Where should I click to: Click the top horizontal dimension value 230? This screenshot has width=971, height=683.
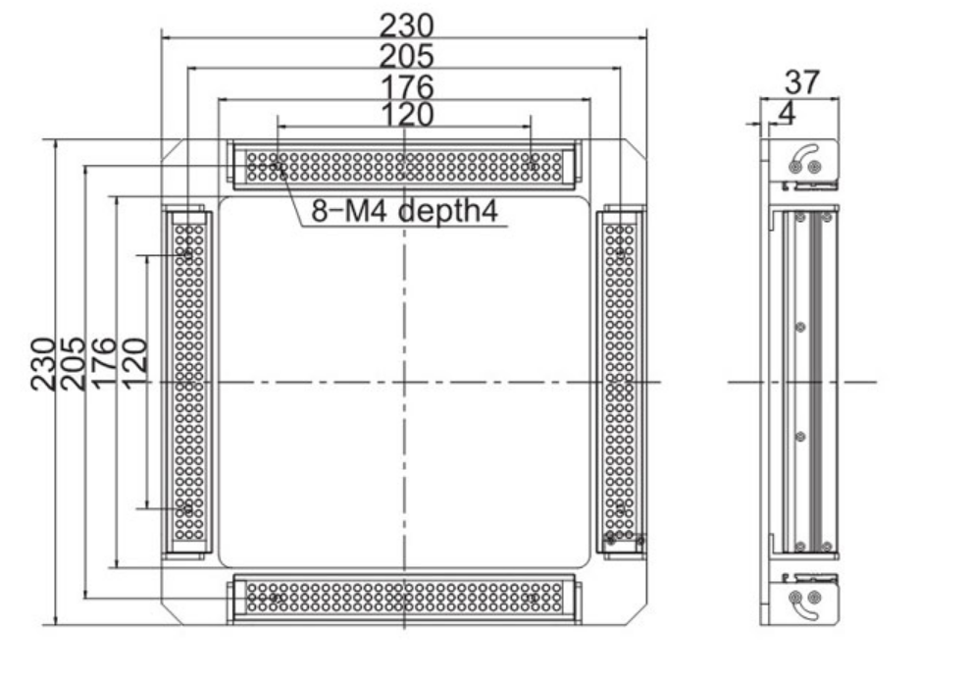coord(406,26)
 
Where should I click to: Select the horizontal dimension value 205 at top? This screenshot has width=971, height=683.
coord(406,56)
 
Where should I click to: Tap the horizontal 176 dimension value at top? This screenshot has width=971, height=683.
coord(406,86)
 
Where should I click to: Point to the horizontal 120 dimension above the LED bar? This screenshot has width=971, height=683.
coord(406,115)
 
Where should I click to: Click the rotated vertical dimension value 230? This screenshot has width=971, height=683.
coord(43,364)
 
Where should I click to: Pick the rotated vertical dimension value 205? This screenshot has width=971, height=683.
coord(73,364)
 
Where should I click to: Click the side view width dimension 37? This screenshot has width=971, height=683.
coord(802,82)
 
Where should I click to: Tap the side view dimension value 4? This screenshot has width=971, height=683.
coord(787,113)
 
